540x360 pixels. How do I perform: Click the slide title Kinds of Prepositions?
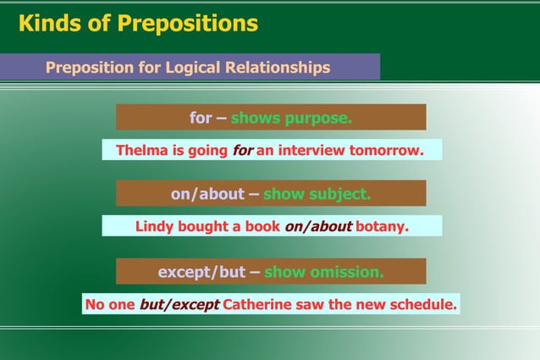coord(138,24)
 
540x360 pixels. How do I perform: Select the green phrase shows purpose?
coord(291,118)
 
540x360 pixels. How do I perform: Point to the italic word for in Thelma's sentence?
coord(242,151)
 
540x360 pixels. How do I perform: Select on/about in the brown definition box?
coord(207,194)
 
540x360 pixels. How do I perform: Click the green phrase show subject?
coord(317,194)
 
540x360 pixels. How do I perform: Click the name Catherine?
coord(260,304)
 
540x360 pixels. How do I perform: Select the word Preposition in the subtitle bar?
coord(89,67)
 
